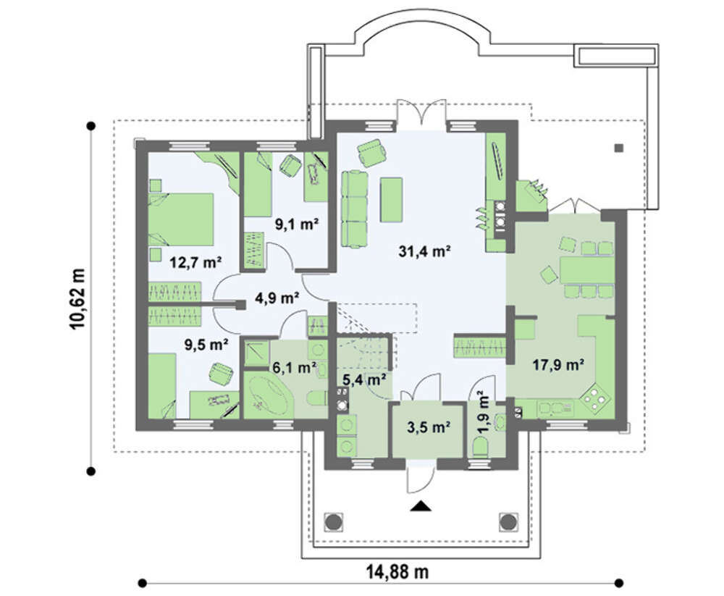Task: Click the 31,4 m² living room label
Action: point(424,252)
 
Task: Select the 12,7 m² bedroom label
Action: point(195,263)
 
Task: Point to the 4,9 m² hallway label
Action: point(277,298)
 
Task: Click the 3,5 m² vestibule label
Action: point(429,427)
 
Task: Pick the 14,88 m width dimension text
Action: point(397,572)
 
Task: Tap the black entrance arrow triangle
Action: point(421,506)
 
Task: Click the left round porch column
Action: point(333,522)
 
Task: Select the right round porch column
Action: point(508,522)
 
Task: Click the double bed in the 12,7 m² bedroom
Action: point(181,219)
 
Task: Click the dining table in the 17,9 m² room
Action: point(586,270)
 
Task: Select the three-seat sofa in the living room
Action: point(355,209)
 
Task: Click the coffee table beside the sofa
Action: point(391,200)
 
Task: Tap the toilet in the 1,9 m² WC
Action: point(481,448)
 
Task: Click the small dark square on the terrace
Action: point(619,148)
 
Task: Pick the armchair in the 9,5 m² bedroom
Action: point(221,373)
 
